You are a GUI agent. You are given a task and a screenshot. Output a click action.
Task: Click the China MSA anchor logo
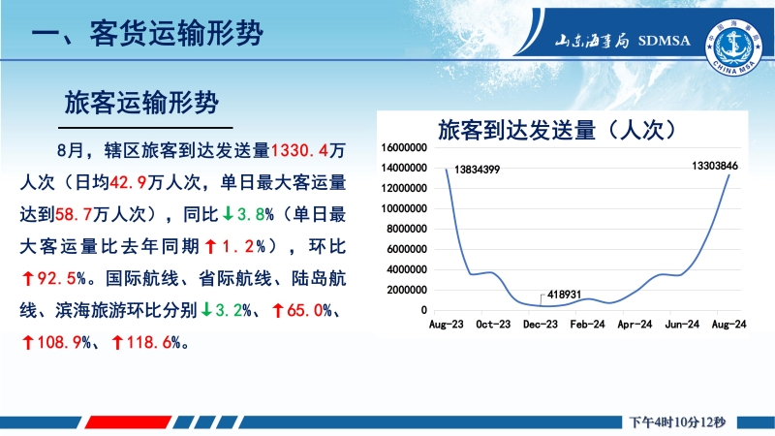click(734, 47)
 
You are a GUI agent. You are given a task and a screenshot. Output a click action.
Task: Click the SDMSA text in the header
click(664, 41)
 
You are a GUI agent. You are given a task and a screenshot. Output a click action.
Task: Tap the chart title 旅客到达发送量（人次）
click(557, 130)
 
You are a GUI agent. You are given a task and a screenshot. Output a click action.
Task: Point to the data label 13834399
click(477, 170)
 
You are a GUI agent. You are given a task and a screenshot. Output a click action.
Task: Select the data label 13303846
click(715, 166)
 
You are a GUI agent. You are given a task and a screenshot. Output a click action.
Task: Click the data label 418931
click(564, 295)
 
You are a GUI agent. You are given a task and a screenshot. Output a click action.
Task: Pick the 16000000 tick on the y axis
click(404, 148)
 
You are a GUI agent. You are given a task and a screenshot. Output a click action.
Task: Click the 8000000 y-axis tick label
click(407, 229)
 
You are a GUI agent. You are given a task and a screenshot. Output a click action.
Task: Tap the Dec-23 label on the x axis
click(541, 325)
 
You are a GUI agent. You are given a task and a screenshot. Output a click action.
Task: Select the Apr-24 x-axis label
click(635, 325)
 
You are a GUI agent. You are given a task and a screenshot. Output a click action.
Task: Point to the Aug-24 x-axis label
click(728, 325)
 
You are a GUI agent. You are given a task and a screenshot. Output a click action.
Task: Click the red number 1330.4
click(299, 150)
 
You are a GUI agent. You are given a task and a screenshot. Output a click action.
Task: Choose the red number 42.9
click(128, 182)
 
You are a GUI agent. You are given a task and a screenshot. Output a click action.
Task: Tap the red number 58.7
click(74, 214)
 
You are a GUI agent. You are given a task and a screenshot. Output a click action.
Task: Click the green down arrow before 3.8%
click(228, 213)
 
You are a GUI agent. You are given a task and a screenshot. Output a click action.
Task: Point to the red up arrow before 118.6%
click(117, 342)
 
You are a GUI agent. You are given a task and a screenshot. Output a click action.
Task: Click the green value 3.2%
click(233, 310)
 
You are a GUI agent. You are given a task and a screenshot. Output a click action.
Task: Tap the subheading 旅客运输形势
click(141, 104)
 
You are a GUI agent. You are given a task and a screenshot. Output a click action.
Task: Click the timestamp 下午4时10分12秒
click(677, 422)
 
